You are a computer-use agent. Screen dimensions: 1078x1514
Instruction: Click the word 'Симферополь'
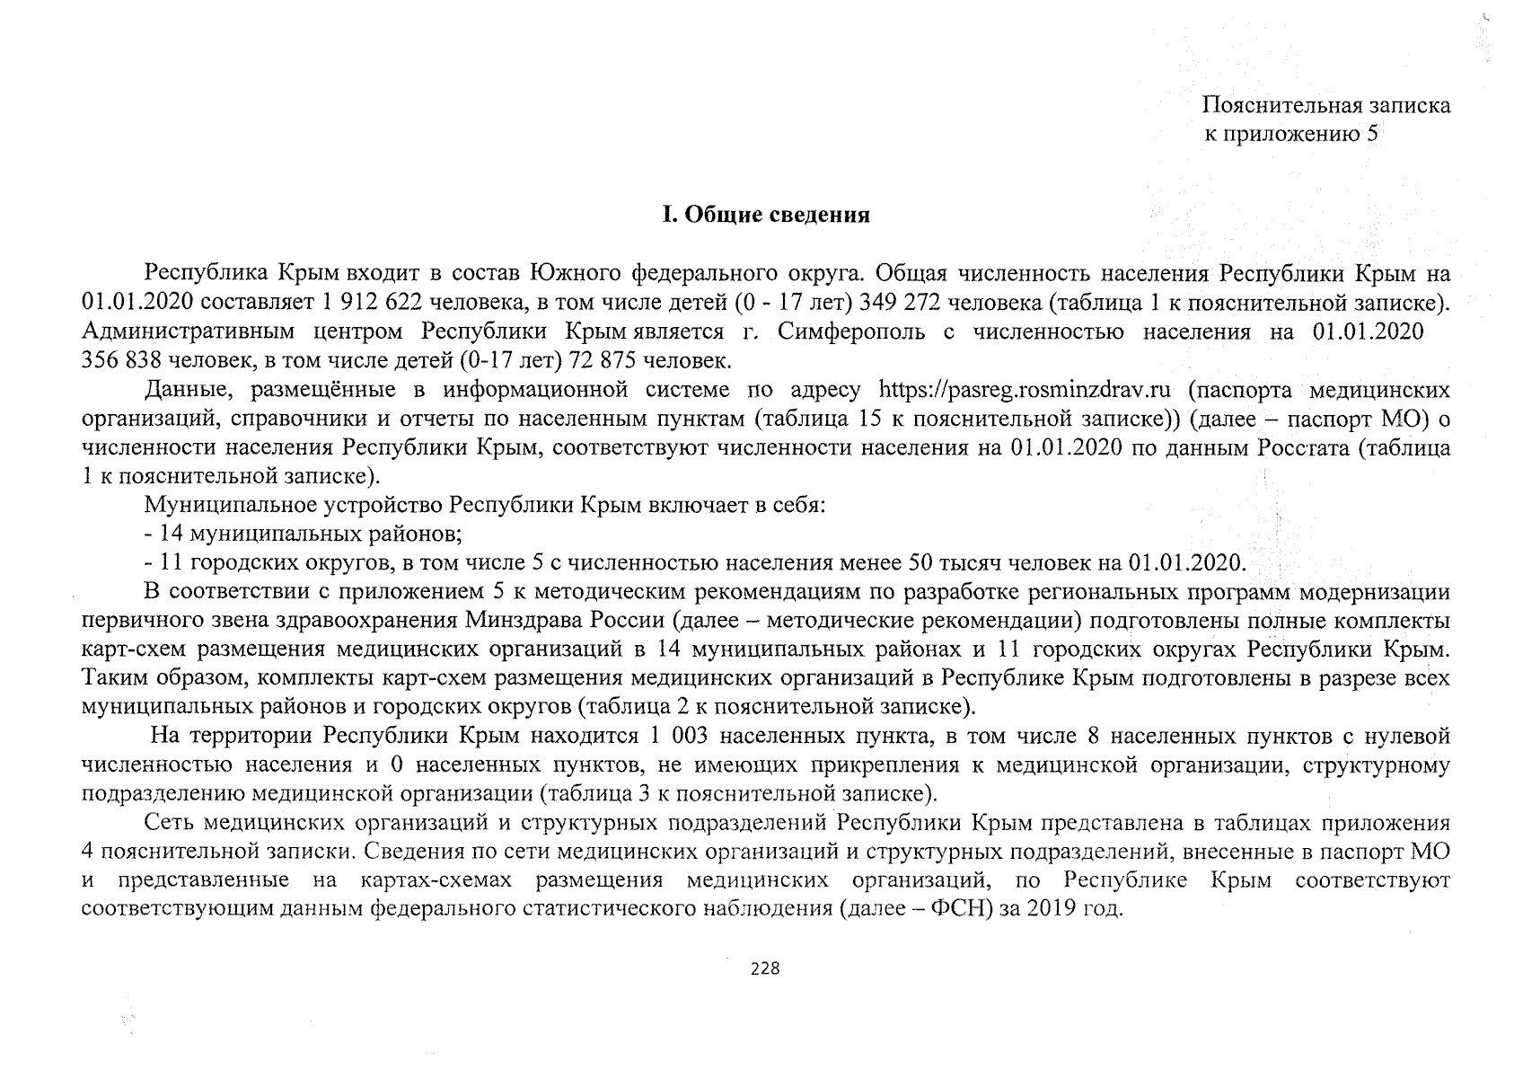[851, 331]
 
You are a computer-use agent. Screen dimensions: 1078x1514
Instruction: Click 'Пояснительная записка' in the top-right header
[1326, 105]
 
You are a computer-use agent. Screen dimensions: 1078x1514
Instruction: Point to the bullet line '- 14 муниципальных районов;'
[303, 535]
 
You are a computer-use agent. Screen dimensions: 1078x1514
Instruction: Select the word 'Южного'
[577, 272]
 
